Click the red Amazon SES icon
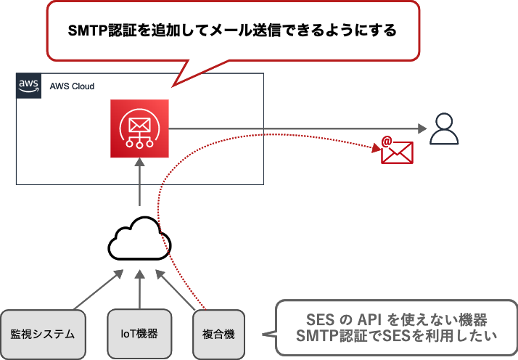(139, 128)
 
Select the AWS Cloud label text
(72, 86)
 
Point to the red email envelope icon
(397, 151)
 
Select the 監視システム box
(43, 334)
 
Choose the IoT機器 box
(139, 334)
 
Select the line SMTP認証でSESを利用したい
(395, 336)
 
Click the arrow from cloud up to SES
(139, 186)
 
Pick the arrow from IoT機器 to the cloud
(139, 290)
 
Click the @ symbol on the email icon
(387, 141)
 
